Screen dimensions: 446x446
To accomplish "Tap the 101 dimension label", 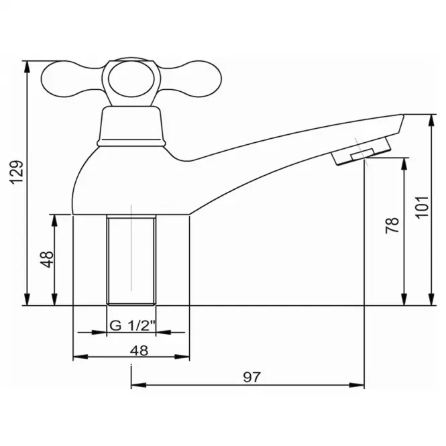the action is (x=423, y=207).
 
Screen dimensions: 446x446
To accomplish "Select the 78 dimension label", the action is (x=392, y=225).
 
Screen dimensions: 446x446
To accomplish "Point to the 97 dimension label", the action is (x=252, y=377).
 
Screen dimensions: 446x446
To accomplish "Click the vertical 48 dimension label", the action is (x=47, y=259).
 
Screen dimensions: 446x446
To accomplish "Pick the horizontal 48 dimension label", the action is (x=139, y=351).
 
